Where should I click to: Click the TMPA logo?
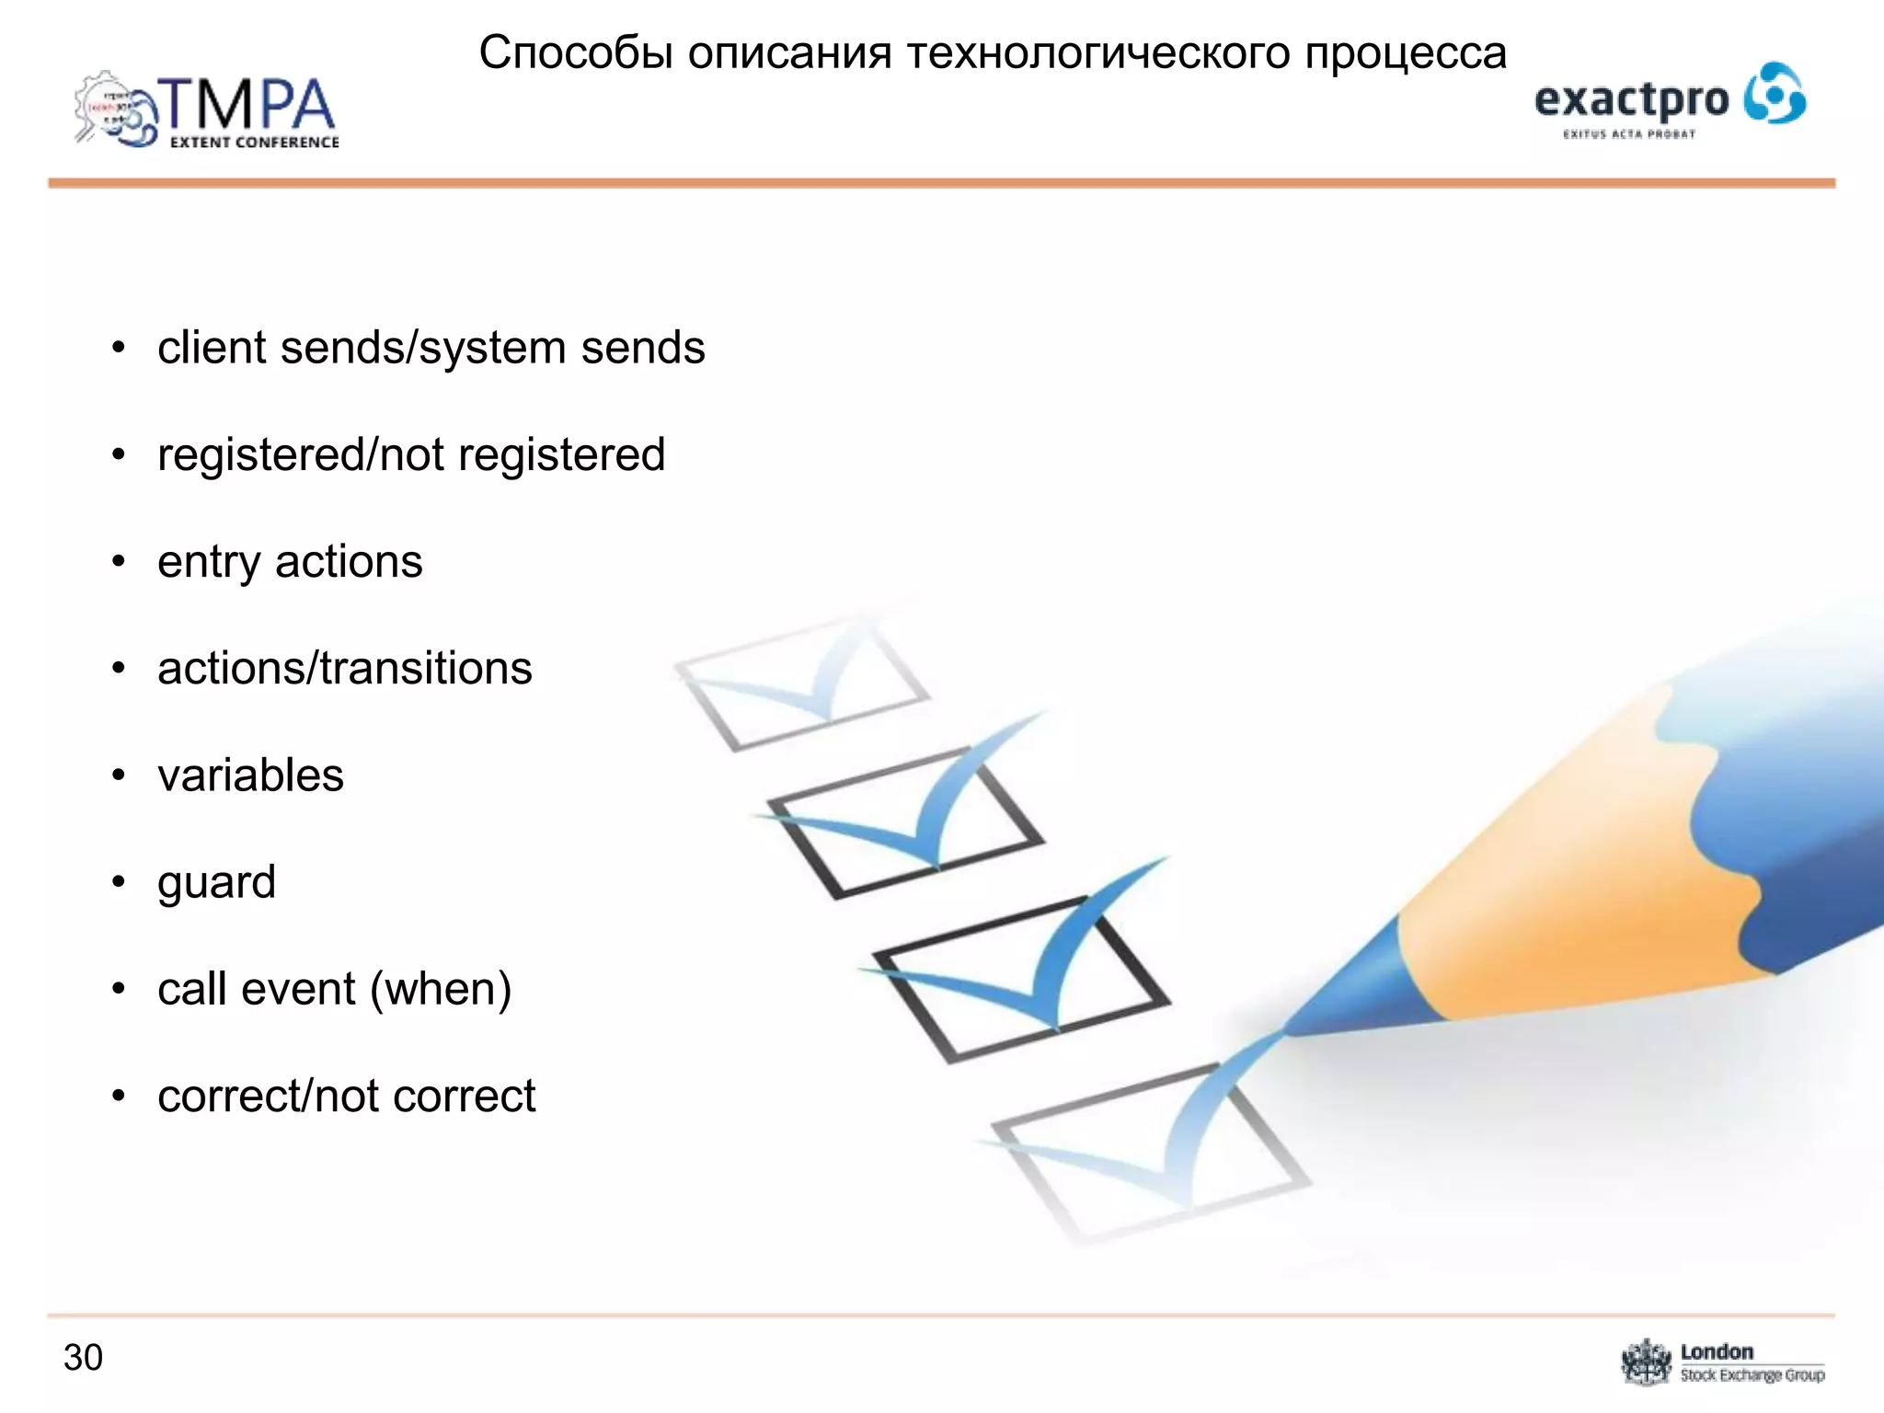pyautogui.click(x=207, y=110)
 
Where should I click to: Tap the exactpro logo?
pyautogui.click(x=1670, y=99)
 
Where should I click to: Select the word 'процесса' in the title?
pyautogui.click(x=1406, y=53)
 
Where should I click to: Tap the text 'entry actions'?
pyautogui.click(x=290, y=561)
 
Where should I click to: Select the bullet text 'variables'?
pyautogui.click(x=250, y=775)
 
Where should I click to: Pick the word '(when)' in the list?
pyautogui.click(x=441, y=989)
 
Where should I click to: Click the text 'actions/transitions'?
pyautogui.click(x=344, y=668)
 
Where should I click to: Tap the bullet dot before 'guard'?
pyautogui.click(x=118, y=881)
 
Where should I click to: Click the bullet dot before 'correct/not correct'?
pyautogui.click(x=118, y=1096)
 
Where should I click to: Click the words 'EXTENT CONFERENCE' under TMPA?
pyautogui.click(x=254, y=143)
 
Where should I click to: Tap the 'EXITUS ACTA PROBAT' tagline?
pyautogui.click(x=1628, y=134)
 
